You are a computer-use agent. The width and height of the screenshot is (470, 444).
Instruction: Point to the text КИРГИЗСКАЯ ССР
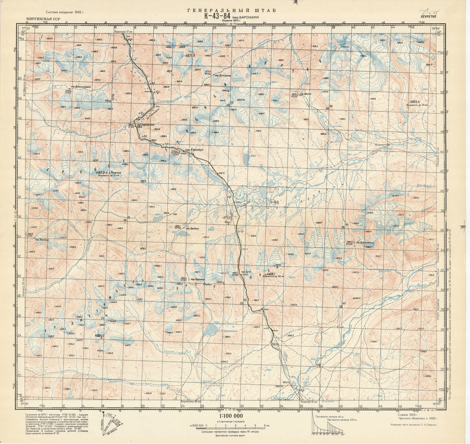coord(43,19)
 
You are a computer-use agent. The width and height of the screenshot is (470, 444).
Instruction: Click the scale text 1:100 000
coord(231,416)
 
